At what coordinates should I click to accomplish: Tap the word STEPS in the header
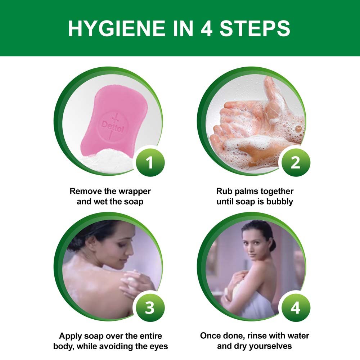coord(255,28)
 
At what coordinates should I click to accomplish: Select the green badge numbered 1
coord(150,163)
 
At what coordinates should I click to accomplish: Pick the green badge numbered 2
coord(296,163)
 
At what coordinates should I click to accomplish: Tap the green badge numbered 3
coord(150,308)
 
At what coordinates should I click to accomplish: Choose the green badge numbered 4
coord(296,308)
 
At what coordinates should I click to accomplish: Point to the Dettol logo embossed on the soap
coord(112,126)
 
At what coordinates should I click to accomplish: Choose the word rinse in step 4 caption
coord(257,336)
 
